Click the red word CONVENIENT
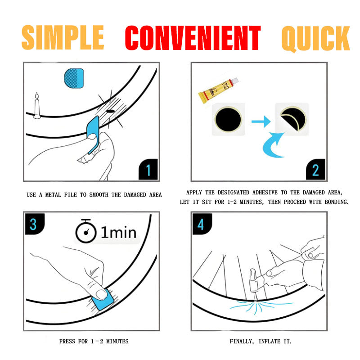[x=193, y=38]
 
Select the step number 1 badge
[x=148, y=170]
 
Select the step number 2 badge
[x=315, y=170]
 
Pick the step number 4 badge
[x=201, y=224]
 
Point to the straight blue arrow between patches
[x=260, y=121]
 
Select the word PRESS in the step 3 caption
[x=67, y=342]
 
